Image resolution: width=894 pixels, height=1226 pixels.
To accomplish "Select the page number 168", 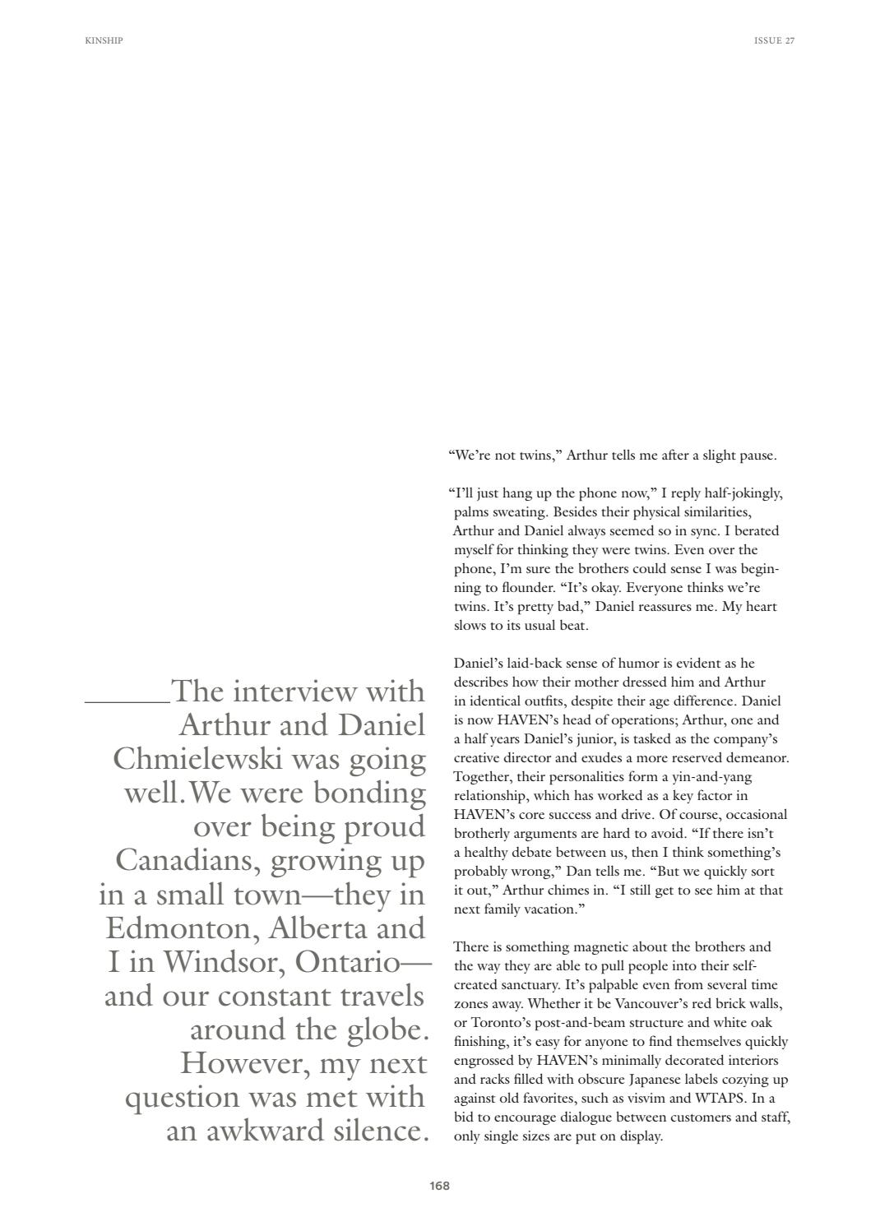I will (x=439, y=1186).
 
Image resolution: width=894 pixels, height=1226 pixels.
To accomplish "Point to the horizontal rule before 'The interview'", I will (x=127, y=702).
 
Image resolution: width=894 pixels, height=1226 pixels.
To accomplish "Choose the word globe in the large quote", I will (x=387, y=1029).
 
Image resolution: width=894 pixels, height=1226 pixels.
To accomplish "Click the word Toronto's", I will (x=494, y=1023).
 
